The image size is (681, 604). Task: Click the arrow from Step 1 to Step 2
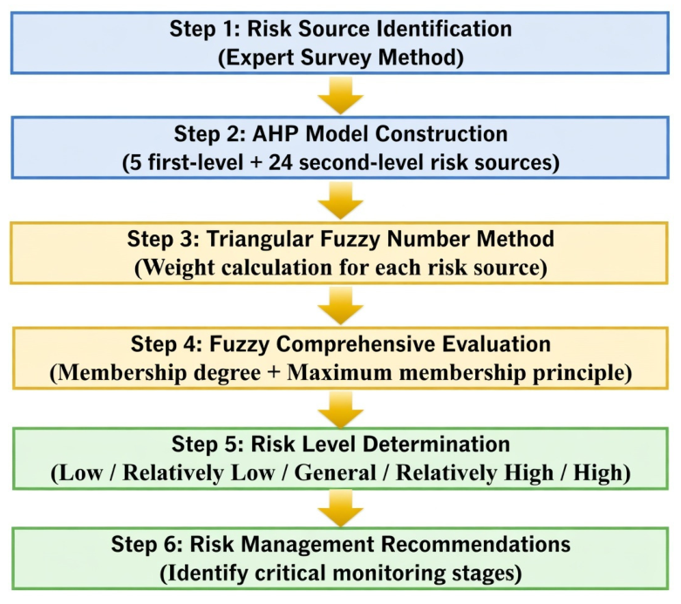(340, 96)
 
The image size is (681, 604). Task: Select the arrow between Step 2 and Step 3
(340, 200)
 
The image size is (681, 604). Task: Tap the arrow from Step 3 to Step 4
(340, 306)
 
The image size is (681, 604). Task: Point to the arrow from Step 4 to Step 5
(340, 409)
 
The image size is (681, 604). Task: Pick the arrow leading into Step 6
(340, 509)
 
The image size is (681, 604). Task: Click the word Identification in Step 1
(444, 29)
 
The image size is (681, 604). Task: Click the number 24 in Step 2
(281, 163)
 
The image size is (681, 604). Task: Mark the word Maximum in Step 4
(340, 372)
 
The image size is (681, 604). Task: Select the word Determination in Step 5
(437, 445)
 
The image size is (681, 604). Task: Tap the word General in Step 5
(336, 473)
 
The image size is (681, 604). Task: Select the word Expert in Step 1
(259, 58)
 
